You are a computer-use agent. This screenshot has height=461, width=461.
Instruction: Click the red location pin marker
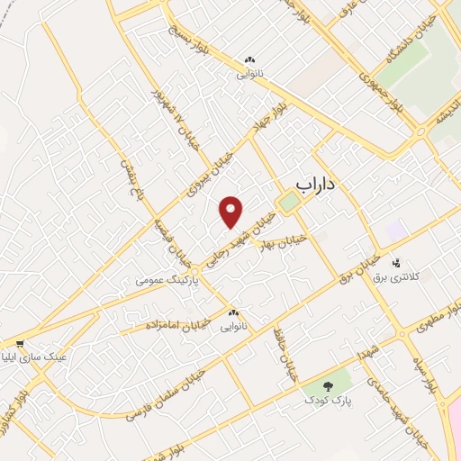pos(231,211)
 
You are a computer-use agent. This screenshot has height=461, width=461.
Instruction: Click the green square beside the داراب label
pos(287,203)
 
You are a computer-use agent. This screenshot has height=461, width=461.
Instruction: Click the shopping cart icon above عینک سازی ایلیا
pos(20,343)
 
